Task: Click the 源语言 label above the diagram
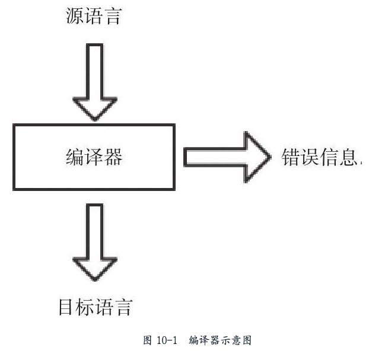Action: coord(93,17)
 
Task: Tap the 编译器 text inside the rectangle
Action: coord(94,157)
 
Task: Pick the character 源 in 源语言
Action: coord(74,17)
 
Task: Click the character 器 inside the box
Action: coord(113,157)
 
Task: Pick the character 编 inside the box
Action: coord(75,157)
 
